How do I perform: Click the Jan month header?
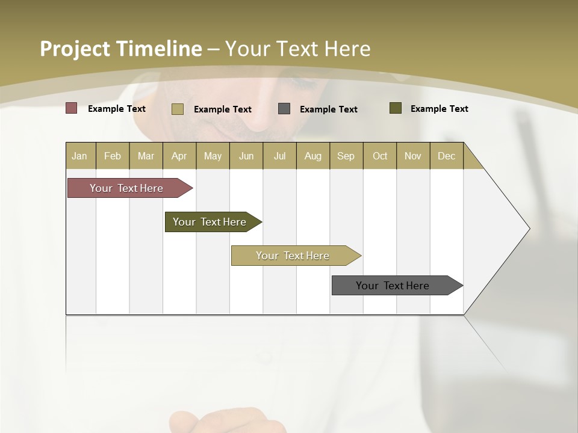point(79,156)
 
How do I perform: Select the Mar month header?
point(146,156)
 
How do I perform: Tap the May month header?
point(213,156)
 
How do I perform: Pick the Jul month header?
point(279,156)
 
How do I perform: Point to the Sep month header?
point(346,156)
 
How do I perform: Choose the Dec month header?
point(446,156)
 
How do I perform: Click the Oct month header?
point(380,156)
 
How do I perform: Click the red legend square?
point(71,108)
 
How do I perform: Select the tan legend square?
point(177,109)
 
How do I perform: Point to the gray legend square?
point(284,108)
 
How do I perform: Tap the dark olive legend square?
point(395,108)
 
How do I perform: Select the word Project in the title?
point(75,49)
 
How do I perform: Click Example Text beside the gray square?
point(328,109)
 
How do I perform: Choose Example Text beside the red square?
point(116,108)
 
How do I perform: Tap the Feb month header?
point(113,156)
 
